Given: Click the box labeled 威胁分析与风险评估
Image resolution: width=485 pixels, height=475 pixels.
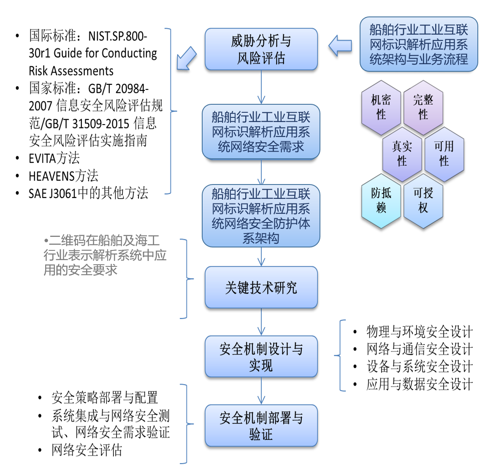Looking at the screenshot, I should pyautogui.click(x=261, y=49).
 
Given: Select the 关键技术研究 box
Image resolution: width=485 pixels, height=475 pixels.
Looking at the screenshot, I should pyautogui.click(x=261, y=288).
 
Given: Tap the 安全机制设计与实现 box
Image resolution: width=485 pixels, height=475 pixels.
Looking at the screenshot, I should pyautogui.click(x=261, y=356).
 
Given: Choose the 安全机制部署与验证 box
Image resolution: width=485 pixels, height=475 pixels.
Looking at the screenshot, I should pyautogui.click(x=261, y=426).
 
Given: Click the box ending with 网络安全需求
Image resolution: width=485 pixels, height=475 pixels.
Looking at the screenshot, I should pyautogui.click(x=261, y=132).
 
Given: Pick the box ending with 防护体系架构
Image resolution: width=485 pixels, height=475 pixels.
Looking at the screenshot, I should pyautogui.click(x=261, y=216).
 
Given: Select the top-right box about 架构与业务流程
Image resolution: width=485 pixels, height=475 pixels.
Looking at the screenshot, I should pyautogui.click(x=418, y=44).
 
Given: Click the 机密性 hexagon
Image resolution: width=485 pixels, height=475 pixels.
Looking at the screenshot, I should pyautogui.click(x=381, y=108).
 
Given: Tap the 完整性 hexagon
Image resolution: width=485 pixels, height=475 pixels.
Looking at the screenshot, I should pyautogui.click(x=423, y=108).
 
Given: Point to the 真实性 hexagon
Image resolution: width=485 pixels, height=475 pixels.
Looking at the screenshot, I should pyautogui.click(x=402, y=154).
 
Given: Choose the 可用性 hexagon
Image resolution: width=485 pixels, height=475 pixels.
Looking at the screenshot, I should pyautogui.click(x=444, y=154).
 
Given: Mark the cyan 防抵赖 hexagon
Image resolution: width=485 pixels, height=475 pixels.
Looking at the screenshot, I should pyautogui.click(x=381, y=201).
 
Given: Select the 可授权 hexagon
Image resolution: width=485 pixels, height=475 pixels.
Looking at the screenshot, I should pyautogui.click(x=423, y=201).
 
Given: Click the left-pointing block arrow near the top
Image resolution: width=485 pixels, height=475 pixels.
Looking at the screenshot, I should pyautogui.click(x=340, y=46).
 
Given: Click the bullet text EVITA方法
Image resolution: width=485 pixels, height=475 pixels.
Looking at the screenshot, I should pyautogui.click(x=54, y=158).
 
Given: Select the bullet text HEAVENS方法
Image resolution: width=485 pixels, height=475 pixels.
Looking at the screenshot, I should pyautogui.click(x=63, y=176).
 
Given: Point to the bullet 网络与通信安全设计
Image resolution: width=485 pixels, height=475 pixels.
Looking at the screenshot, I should pyautogui.click(x=419, y=349).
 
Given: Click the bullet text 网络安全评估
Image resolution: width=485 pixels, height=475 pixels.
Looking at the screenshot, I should pyautogui.click(x=87, y=450).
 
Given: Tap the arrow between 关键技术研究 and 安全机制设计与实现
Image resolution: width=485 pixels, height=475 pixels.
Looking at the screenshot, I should pyautogui.click(x=261, y=322).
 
